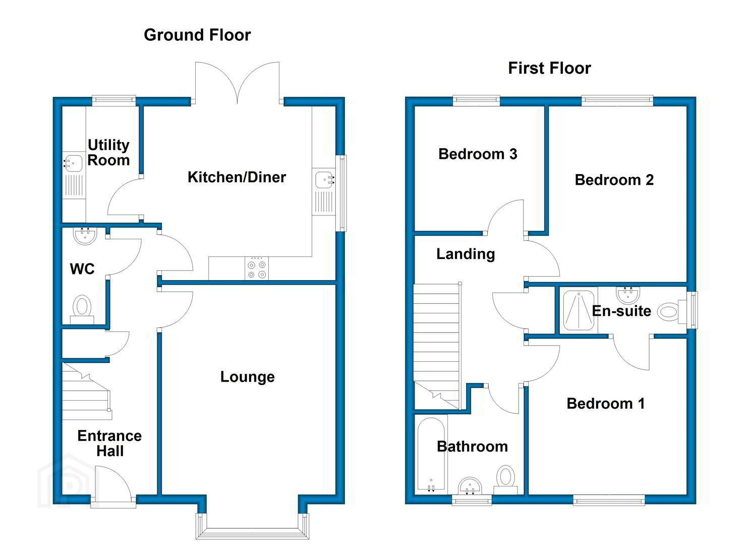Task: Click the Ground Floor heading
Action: coord(197,35)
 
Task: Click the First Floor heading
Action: coord(549,68)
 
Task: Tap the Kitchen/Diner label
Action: coord(237,177)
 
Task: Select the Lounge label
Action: coord(248,377)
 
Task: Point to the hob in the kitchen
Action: coord(257,268)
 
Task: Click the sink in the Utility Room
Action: coord(73,163)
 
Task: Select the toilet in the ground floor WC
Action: coord(82,309)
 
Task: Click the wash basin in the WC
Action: coord(85,236)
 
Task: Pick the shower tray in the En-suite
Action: coord(579,310)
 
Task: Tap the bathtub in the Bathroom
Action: coord(431,455)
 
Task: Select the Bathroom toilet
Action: coord(505,479)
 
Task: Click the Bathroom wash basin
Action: coord(470,486)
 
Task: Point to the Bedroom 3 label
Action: coord(478,154)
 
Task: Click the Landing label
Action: coord(466,254)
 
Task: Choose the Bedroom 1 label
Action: coord(606,404)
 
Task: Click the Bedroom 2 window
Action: coord(617,100)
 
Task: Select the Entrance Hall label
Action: coord(109,443)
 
